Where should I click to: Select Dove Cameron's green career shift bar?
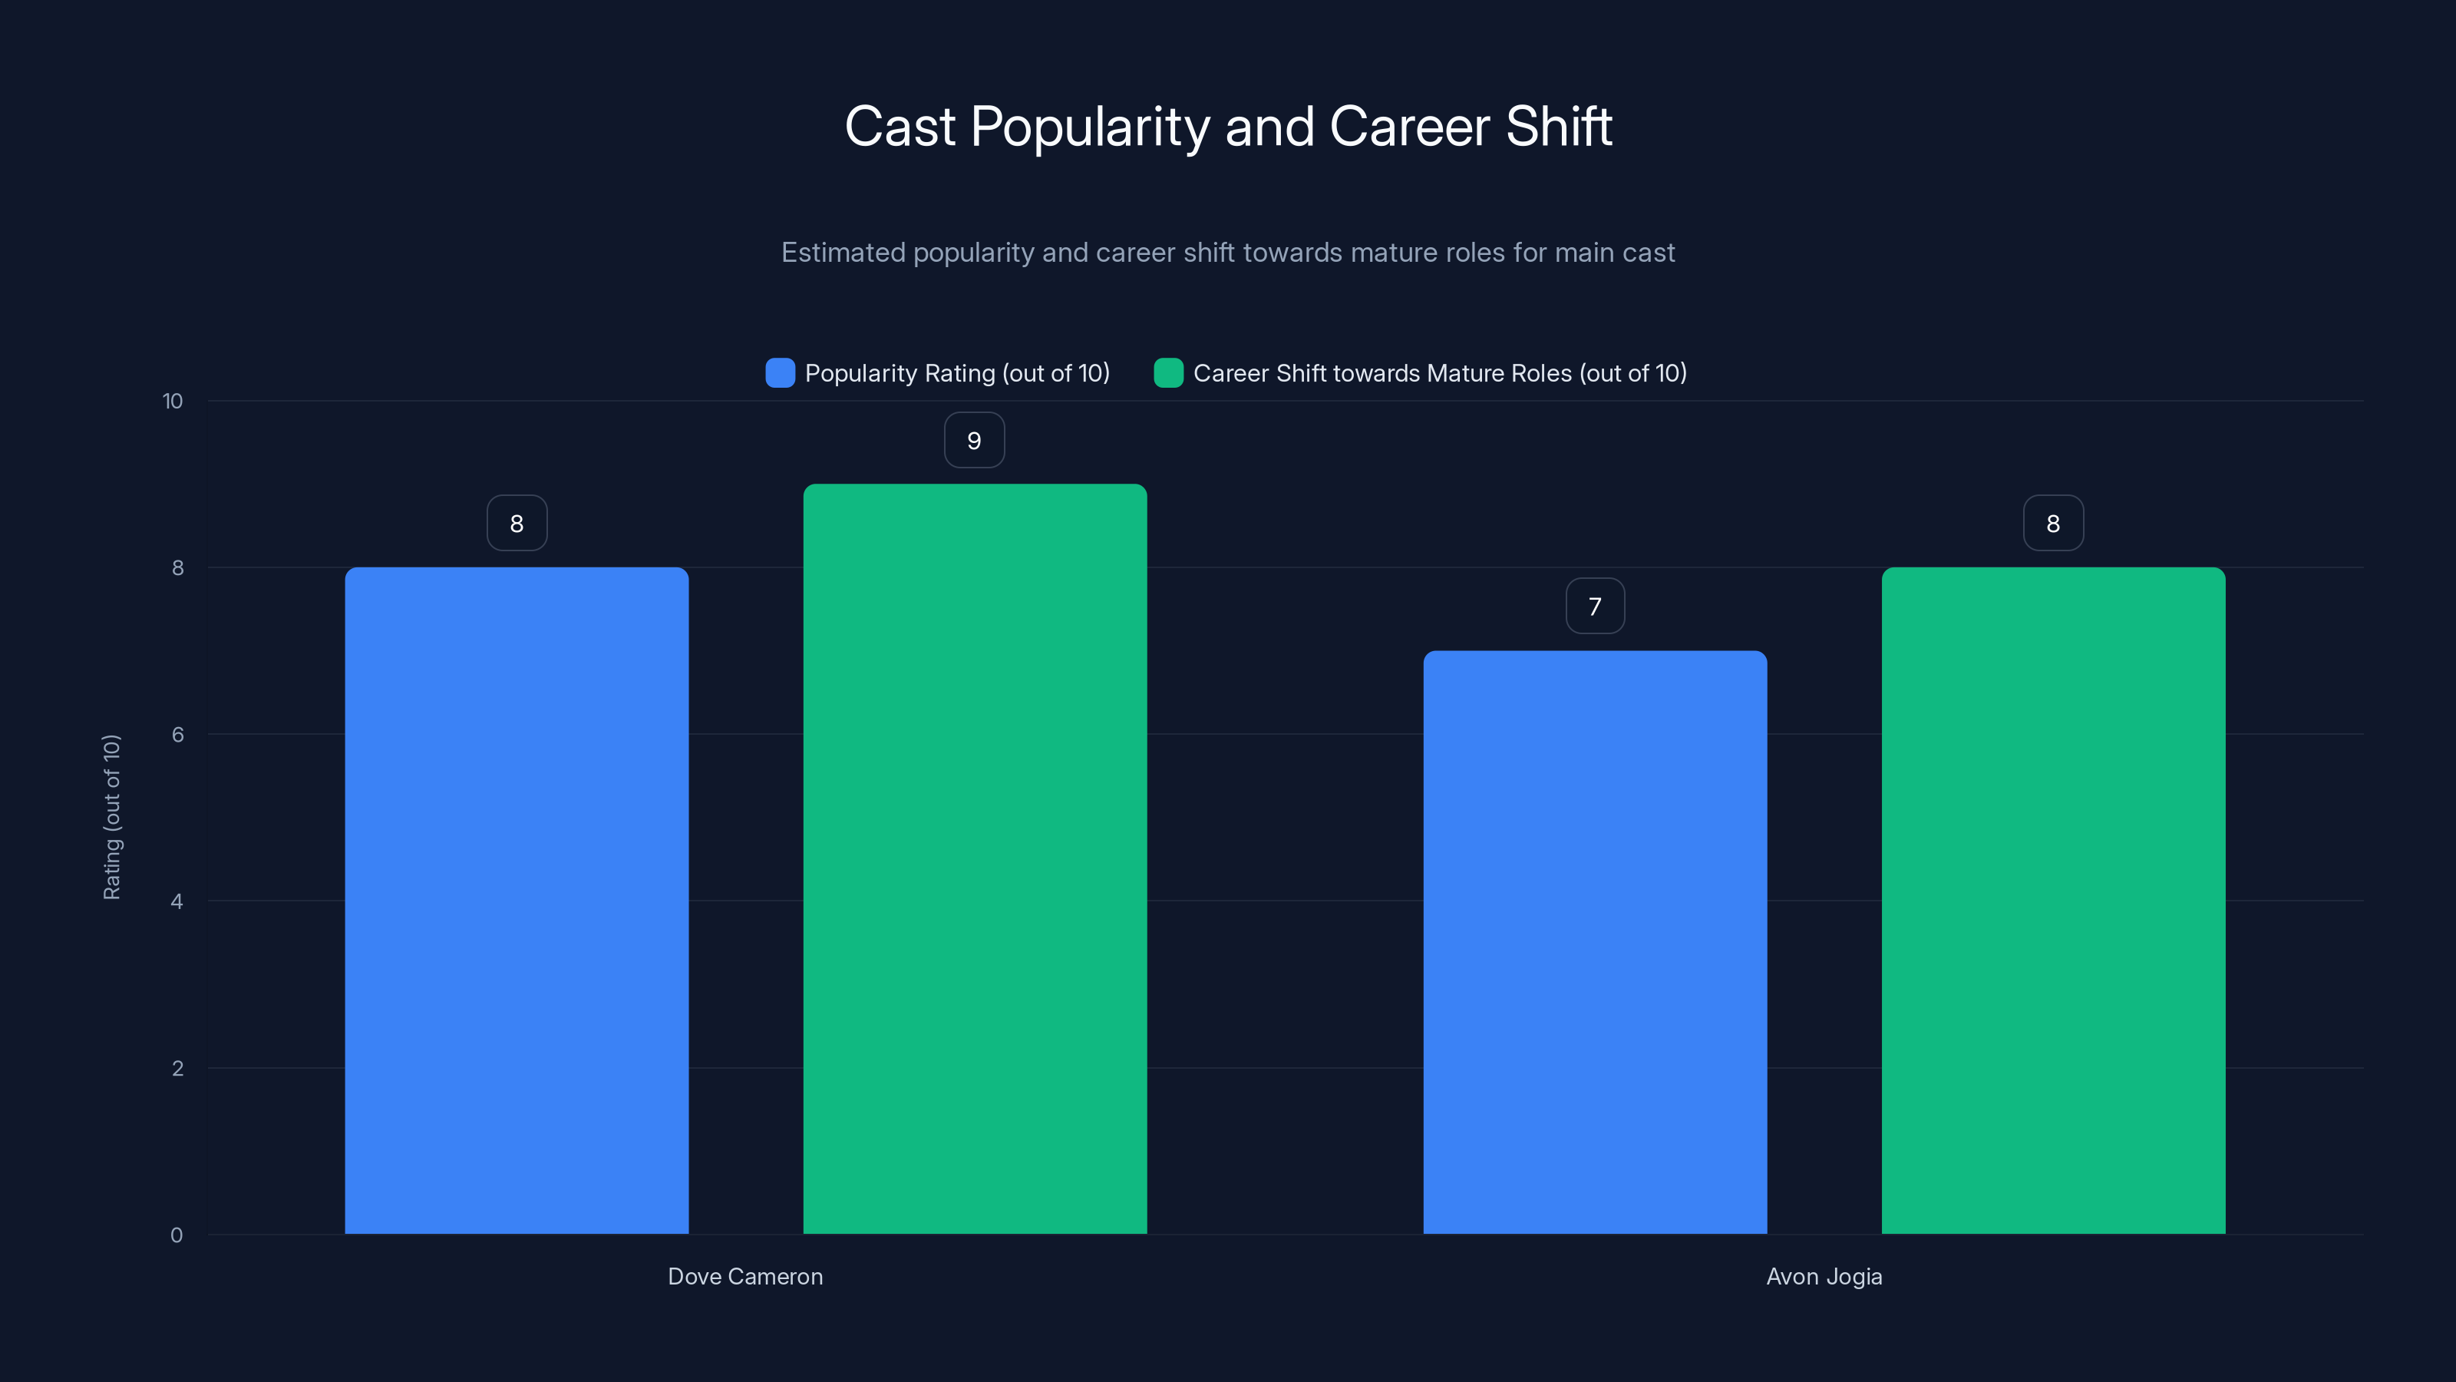tap(975, 858)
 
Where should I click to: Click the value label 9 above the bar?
tap(973, 441)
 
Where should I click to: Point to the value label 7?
tap(1594, 607)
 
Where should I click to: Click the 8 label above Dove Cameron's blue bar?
tap(517, 524)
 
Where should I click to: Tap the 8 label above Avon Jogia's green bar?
tap(2053, 524)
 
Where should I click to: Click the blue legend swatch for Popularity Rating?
tap(780, 373)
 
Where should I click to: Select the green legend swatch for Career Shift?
tap(1168, 373)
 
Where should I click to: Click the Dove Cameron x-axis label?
tap(744, 1276)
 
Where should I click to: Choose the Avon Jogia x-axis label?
tap(1823, 1276)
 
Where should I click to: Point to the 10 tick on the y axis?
tap(173, 401)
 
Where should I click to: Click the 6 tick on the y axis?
tap(177, 735)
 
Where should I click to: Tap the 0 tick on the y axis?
tap(177, 1235)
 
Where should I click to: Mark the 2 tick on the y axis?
tap(177, 1068)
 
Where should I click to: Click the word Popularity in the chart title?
tap(1090, 127)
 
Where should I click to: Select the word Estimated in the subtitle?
tap(843, 253)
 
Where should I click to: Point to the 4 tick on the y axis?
tap(177, 901)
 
